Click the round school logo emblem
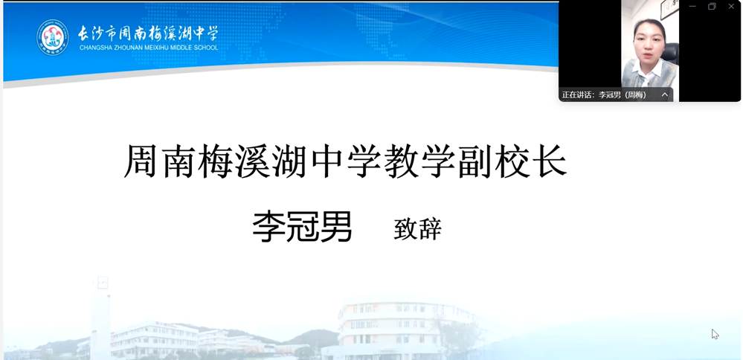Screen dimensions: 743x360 click(53, 37)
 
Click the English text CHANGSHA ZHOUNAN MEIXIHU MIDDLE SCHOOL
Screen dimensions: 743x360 click(149, 48)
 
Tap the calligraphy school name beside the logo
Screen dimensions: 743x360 click(148, 33)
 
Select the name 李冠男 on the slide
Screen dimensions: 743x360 click(302, 227)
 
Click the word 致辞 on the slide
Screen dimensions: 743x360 click(417, 229)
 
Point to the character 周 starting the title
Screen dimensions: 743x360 click(141, 161)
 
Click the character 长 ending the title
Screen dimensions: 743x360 click(550, 161)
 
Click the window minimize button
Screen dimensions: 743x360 click(692, 6)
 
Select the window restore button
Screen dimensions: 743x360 click(712, 6)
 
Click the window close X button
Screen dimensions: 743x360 click(731, 6)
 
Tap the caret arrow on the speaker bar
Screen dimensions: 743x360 click(665, 94)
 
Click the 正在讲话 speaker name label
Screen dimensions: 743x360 click(604, 94)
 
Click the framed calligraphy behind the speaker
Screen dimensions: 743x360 click(669, 10)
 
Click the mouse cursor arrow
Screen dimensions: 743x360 click(715, 334)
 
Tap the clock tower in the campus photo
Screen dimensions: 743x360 click(101, 315)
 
